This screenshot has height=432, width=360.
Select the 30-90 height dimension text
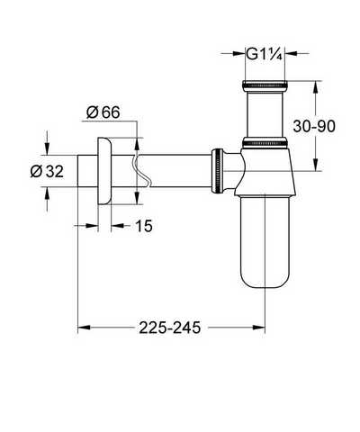click(314, 126)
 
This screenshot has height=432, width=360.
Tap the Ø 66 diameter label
click(103, 112)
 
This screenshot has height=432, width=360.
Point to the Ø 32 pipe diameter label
click(47, 171)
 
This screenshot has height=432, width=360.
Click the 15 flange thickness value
click(144, 226)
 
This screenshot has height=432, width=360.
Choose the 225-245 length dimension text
click(169, 328)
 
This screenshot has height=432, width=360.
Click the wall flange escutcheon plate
click(104, 171)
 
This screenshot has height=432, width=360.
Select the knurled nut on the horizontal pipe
click(217, 170)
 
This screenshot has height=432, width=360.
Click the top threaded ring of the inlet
click(265, 85)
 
